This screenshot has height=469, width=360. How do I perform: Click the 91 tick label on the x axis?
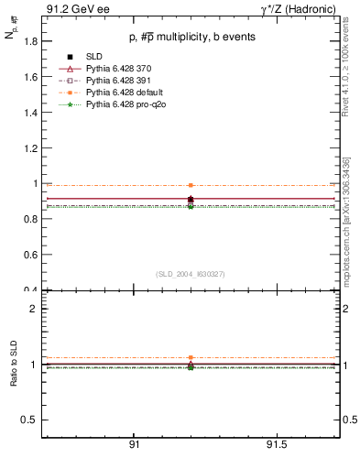click(x=135, y=444)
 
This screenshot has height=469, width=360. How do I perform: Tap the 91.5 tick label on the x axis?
click(x=277, y=444)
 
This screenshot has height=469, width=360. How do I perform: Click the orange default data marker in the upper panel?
click(x=191, y=185)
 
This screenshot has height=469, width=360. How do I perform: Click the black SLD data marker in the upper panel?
click(x=191, y=199)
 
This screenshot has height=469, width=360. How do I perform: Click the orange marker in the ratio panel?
click(x=191, y=357)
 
